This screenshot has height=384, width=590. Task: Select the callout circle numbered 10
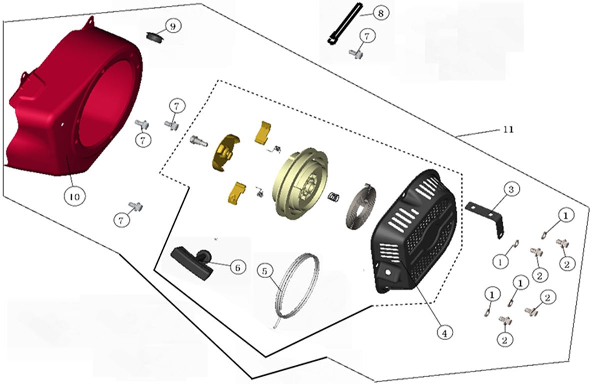tap(74, 196)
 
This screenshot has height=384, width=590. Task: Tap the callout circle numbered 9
tap(173, 26)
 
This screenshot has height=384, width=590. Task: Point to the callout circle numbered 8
tap(380, 13)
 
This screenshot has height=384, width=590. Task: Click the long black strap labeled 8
tap(344, 23)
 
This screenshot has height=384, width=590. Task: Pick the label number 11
tap(508, 130)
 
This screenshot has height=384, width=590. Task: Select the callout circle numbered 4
tap(445, 333)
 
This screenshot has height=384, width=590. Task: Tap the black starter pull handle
tap(192, 261)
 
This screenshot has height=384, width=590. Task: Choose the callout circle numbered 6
tap(237, 268)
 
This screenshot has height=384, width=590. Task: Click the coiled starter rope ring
tap(297, 286)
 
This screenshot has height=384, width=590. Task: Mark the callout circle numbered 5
tap(265, 271)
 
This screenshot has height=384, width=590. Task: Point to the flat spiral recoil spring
tap(359, 205)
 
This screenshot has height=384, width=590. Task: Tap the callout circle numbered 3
tap(511, 190)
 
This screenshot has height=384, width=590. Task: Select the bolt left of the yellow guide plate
tap(199, 141)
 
